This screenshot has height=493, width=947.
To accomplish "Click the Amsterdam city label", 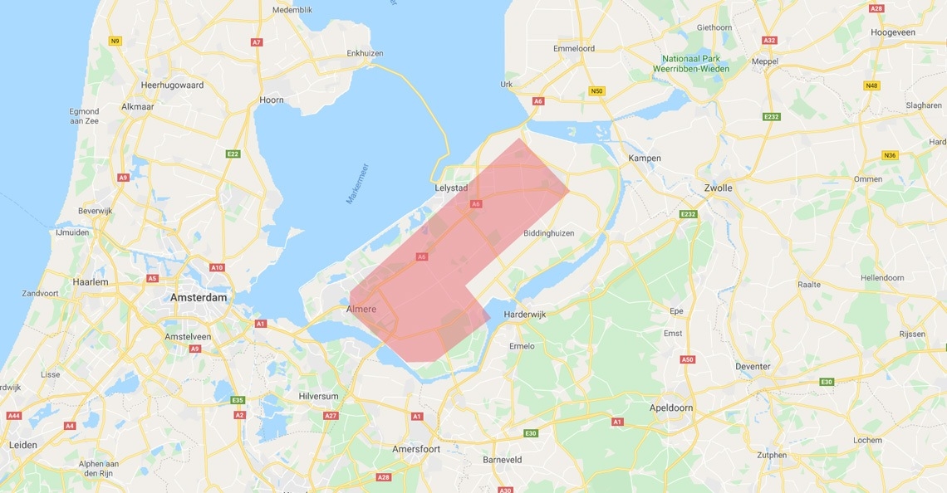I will point(199,297).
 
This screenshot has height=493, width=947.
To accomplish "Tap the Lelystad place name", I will point(451,188).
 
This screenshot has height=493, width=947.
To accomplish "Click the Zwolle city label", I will point(718,188).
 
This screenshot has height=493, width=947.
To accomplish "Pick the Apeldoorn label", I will point(671,408).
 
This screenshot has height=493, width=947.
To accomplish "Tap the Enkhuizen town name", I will point(365,53).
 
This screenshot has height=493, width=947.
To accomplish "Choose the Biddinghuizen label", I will point(549,233).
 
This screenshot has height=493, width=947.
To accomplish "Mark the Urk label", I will point(507,85).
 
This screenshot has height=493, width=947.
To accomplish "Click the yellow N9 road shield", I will point(115,41).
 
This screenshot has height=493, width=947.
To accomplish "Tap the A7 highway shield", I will point(257,41).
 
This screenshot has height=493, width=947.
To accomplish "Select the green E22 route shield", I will point(233,154).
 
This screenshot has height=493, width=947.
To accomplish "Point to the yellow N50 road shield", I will point(596,90).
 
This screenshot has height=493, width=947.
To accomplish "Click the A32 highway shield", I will point(769,40).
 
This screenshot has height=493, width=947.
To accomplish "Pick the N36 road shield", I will point(891,155).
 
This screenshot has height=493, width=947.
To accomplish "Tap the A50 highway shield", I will point(687,359).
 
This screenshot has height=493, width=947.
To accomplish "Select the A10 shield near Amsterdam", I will point(217,267).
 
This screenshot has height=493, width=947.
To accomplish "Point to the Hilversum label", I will point(319,397).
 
